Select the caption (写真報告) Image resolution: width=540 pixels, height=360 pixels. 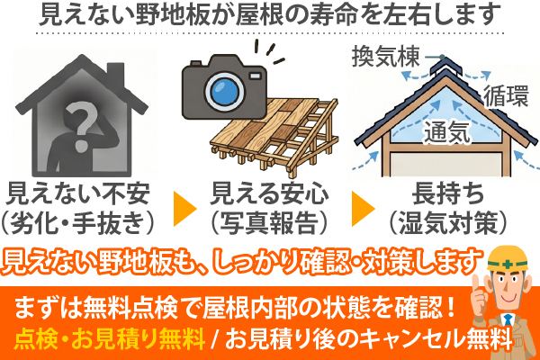coord(268,219)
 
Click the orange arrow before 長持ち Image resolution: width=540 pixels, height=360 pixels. coord(363,207)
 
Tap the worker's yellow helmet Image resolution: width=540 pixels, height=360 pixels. coord(509,256)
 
